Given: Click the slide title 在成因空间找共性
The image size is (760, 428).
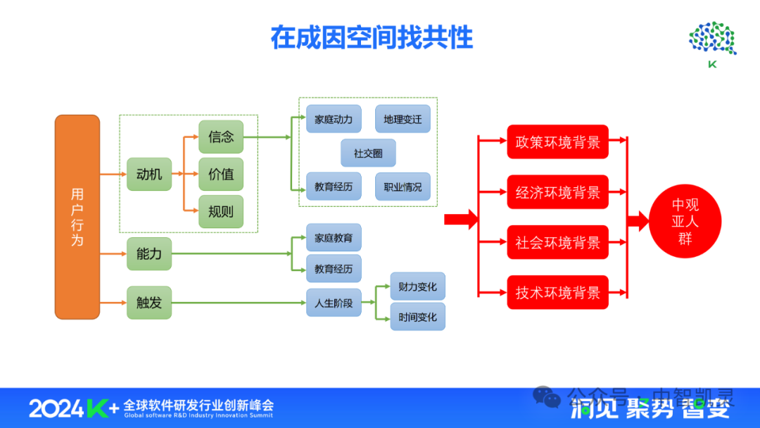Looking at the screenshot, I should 372,38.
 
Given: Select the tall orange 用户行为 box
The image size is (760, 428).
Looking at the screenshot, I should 77,217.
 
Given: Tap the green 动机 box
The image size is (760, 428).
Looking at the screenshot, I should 149,174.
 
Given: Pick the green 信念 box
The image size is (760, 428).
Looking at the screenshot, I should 221,137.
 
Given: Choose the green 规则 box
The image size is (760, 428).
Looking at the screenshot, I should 221,211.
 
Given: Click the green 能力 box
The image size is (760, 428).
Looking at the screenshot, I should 149,254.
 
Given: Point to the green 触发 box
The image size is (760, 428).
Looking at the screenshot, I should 149,303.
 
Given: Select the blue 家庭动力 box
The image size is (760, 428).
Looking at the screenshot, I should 334,119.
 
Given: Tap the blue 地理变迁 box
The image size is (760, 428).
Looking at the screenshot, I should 403,119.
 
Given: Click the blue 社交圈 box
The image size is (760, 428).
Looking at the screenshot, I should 368,153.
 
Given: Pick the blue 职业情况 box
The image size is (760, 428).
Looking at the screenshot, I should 403,187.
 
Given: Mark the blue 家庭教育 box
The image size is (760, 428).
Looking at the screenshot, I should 334,238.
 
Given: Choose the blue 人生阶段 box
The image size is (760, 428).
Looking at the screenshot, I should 334,303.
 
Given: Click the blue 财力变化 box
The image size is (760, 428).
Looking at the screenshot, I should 417,287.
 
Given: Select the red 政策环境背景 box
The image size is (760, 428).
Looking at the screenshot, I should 557,142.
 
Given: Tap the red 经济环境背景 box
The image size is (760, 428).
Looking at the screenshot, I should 557,192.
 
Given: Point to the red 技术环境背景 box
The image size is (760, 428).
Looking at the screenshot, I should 557,293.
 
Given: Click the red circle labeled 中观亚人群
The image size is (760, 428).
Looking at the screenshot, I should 685,222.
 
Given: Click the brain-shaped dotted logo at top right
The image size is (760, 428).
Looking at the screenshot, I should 712,40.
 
